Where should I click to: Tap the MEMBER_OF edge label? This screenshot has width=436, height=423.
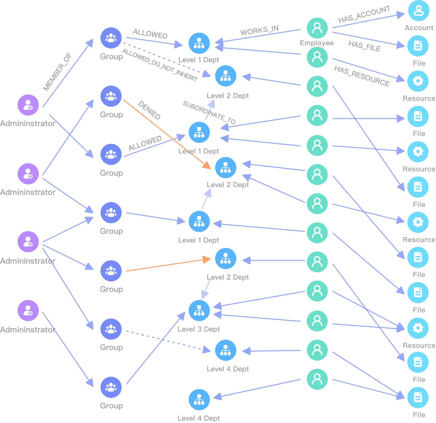tap(57, 72)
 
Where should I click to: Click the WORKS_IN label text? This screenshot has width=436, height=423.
tap(259, 30)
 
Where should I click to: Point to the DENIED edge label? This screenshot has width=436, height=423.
tap(149, 110)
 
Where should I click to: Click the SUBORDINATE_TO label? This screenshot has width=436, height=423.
tap(209, 113)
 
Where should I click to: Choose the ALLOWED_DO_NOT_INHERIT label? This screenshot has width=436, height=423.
tap(160, 65)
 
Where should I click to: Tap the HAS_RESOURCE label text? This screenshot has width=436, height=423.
tap(362, 76)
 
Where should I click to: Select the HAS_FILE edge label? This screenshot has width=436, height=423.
tap(364, 46)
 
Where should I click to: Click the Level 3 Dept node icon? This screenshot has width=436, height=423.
tap(199, 311)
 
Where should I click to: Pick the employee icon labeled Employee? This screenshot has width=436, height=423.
tap(317, 28)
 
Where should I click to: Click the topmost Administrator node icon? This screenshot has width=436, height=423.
tap(28, 105)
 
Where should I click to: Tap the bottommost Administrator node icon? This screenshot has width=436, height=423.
tap(28, 311)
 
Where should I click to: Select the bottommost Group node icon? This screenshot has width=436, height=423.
tap(111, 387)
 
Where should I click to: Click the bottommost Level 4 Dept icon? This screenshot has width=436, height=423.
tap(199, 400)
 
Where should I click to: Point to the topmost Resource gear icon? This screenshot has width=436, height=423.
tap(418, 81)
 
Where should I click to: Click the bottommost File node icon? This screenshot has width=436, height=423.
tap(418, 398)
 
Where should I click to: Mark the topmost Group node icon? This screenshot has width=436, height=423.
tap(111, 38)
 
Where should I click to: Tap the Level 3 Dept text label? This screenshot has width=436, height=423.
tap(199, 329)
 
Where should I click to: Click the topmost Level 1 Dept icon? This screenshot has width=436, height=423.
tap(199, 43)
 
